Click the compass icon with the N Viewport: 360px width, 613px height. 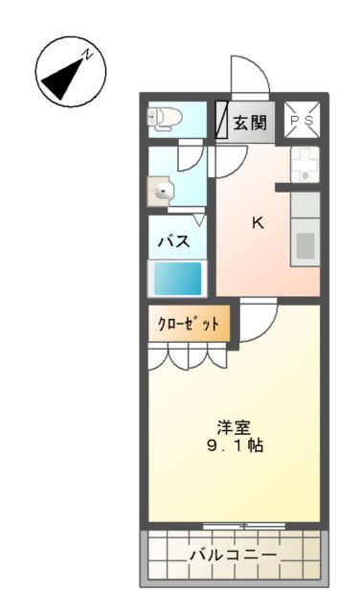click(70, 72)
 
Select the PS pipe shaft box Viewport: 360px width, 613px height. click(303, 121)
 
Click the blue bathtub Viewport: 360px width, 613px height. click(178, 278)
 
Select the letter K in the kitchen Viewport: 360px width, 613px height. click(257, 223)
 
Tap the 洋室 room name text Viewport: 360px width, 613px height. click(235, 427)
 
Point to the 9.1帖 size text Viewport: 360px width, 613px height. click(235, 446)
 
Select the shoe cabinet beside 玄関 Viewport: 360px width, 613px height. click(220, 121)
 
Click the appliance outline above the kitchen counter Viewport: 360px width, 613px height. click(304, 166)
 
